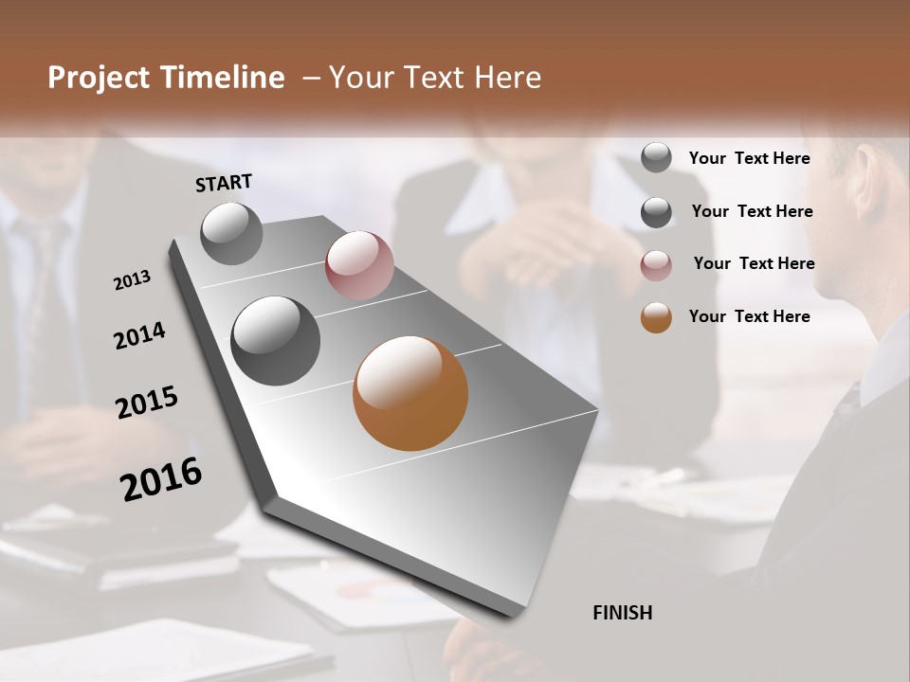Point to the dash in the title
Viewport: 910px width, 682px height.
[311, 78]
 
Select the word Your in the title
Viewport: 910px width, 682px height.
[359, 78]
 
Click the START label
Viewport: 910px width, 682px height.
[224, 183]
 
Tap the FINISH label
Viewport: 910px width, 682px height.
[622, 613]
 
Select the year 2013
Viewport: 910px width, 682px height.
[132, 279]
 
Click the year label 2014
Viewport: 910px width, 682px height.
[139, 335]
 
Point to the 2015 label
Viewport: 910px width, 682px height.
[147, 403]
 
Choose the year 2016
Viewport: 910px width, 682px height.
[161, 478]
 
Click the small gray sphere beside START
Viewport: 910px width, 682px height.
[232, 233]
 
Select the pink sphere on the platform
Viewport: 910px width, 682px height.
[359, 265]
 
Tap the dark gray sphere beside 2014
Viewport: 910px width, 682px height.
[275, 341]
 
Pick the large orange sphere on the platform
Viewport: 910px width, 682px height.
[410, 393]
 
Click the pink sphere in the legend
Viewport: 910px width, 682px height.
[656, 265]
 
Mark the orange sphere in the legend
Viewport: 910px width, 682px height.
[656, 317]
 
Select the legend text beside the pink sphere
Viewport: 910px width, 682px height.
[754, 263]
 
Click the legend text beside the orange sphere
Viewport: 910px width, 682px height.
[749, 316]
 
